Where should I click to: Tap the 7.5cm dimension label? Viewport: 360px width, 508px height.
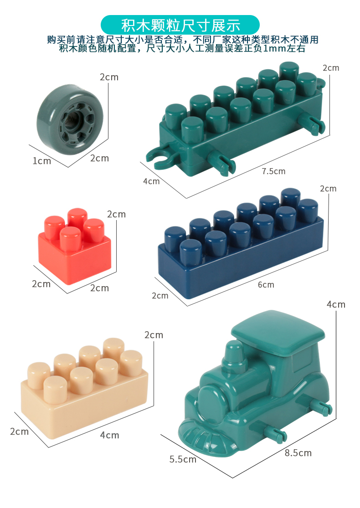[273, 171]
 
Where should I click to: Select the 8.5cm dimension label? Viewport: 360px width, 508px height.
[298, 453]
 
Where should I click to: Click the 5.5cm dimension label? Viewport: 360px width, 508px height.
[183, 459]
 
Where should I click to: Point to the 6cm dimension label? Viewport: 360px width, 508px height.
[266, 285]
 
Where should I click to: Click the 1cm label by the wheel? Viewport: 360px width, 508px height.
[42, 161]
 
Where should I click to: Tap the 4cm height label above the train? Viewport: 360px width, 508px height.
[336, 304]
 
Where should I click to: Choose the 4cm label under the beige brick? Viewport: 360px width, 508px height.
[109, 435]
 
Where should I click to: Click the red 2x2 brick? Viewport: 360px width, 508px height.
[75, 246]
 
